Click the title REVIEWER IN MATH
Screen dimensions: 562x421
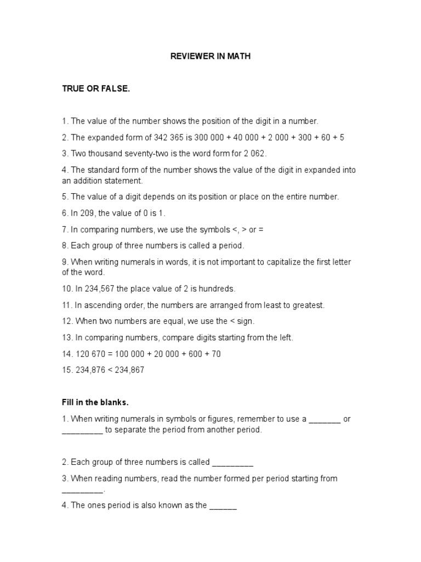click(210, 57)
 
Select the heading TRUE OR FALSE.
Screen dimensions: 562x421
click(96, 89)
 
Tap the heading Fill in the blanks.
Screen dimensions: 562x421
click(95, 402)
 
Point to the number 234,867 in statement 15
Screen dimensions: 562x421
click(128, 370)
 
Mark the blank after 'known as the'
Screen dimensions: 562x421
click(223, 505)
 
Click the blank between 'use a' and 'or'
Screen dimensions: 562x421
click(325, 419)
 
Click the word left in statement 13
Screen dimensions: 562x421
click(286, 338)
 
